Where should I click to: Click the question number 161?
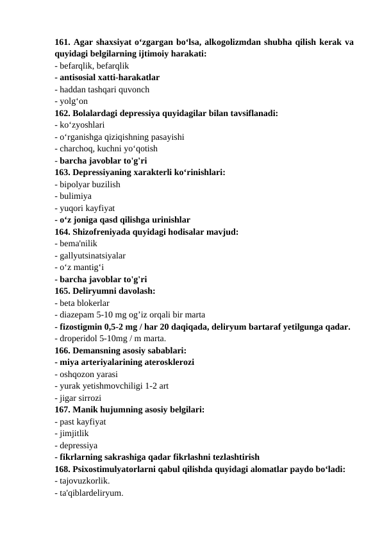pos(62,43)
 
